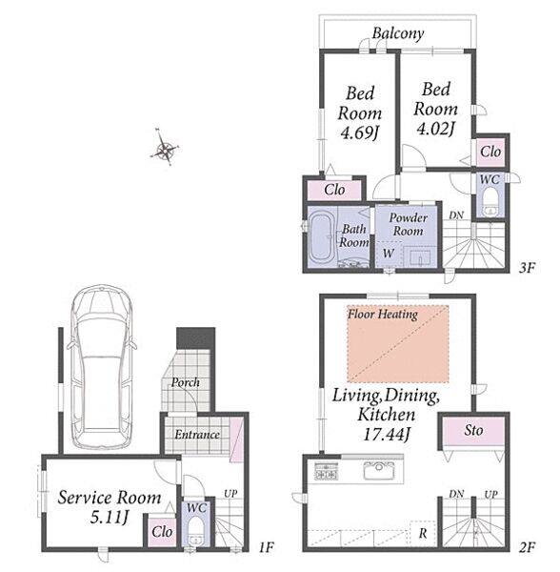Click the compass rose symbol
[x=165, y=148]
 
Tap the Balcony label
[x=398, y=33]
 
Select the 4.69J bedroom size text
[x=359, y=133]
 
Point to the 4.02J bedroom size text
[x=436, y=129]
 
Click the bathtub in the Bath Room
[x=321, y=237]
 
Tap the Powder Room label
[x=408, y=224]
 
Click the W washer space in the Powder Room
[x=389, y=254]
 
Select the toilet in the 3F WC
[x=490, y=204]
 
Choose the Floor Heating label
[x=383, y=314]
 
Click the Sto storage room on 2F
[x=473, y=431]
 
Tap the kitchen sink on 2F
[x=379, y=470]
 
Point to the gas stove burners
[x=326, y=471]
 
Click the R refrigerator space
[x=423, y=533]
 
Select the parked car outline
[x=102, y=367]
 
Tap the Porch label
[x=186, y=382]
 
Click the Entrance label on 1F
[x=197, y=435]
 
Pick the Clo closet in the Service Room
[x=162, y=531]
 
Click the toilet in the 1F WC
[x=197, y=532]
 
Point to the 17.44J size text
[x=387, y=434]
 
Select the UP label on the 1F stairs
[x=230, y=494]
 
